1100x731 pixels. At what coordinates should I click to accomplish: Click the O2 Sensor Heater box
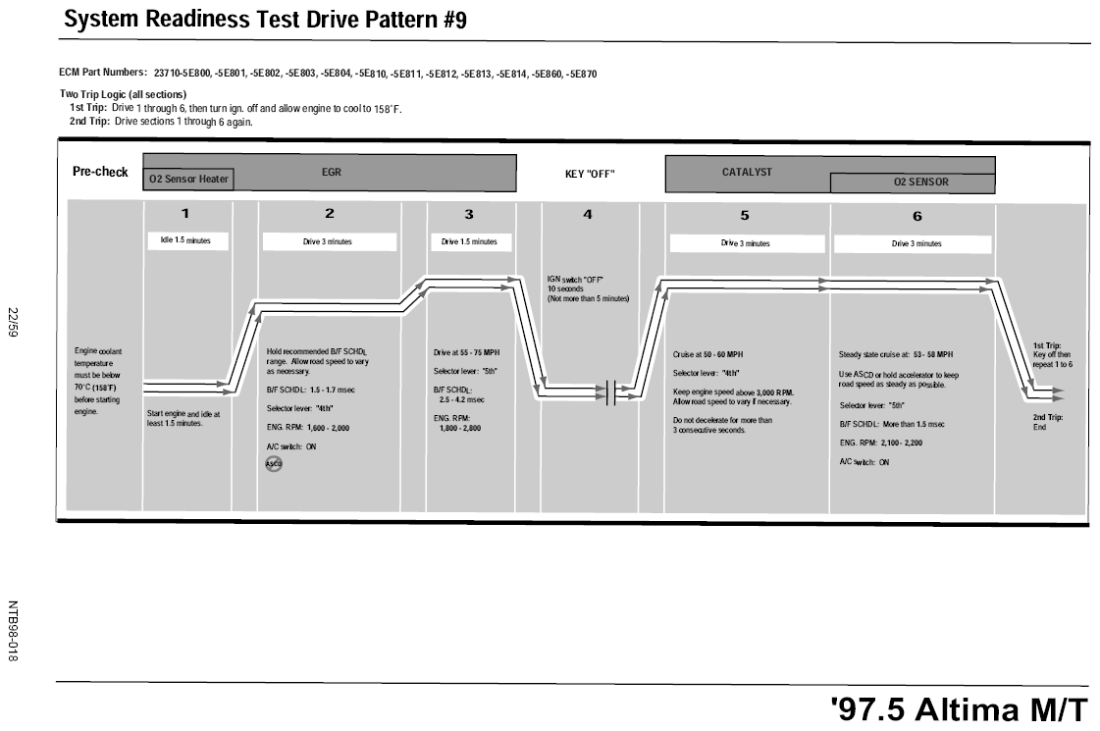click(x=188, y=179)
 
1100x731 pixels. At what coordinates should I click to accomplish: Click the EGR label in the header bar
click(x=331, y=172)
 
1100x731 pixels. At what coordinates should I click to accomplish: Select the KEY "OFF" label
click(x=590, y=174)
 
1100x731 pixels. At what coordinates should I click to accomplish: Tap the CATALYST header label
click(x=747, y=172)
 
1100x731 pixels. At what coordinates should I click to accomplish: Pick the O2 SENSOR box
click(x=913, y=183)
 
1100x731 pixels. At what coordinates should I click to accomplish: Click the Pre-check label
click(x=100, y=172)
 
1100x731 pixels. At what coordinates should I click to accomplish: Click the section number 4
click(x=588, y=214)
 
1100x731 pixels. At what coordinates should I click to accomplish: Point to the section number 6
click(x=917, y=216)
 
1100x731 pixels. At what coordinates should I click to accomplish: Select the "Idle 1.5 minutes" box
click(x=188, y=240)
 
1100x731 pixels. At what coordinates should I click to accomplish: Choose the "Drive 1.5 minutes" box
click(x=469, y=242)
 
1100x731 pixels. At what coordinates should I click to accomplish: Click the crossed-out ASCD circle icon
click(x=274, y=464)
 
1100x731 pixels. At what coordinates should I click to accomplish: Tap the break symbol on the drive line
click(x=610, y=392)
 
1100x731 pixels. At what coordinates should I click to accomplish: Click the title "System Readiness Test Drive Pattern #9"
click(x=265, y=20)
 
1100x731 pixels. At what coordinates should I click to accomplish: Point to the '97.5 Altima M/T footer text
click(x=959, y=709)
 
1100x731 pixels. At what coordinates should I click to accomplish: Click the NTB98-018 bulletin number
click(x=12, y=631)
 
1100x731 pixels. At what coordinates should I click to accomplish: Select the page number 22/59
click(x=12, y=322)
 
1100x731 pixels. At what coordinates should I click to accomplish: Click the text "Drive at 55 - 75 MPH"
click(x=466, y=353)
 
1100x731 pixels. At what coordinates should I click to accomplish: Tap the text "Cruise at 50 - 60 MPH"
click(x=707, y=355)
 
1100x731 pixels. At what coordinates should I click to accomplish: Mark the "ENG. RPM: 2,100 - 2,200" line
click(x=881, y=444)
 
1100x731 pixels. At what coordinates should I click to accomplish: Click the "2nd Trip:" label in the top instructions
click(x=89, y=122)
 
